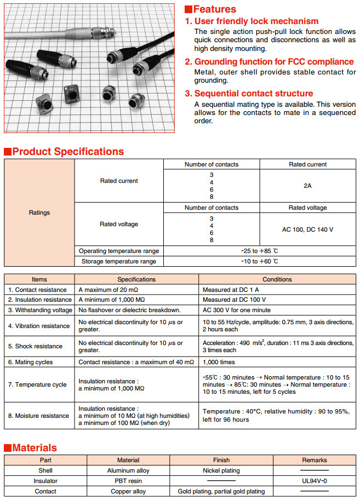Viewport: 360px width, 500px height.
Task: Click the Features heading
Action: [214, 9]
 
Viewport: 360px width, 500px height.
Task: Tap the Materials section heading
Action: [35, 448]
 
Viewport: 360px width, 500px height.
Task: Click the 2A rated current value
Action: [307, 186]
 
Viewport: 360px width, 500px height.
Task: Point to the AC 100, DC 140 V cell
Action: [307, 229]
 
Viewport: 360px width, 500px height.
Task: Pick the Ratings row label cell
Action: [39, 212]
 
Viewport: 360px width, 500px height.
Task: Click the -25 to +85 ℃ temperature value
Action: [260, 251]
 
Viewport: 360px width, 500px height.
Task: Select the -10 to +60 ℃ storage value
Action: [260, 261]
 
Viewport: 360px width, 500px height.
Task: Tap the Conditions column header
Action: [277, 279]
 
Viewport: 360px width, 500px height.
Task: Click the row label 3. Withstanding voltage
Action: [39, 310]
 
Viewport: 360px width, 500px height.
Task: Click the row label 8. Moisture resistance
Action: [39, 416]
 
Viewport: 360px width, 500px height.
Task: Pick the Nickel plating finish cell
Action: [221, 470]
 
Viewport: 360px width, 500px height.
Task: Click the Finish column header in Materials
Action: [221, 460]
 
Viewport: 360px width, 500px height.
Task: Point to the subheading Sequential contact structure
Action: [253, 94]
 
